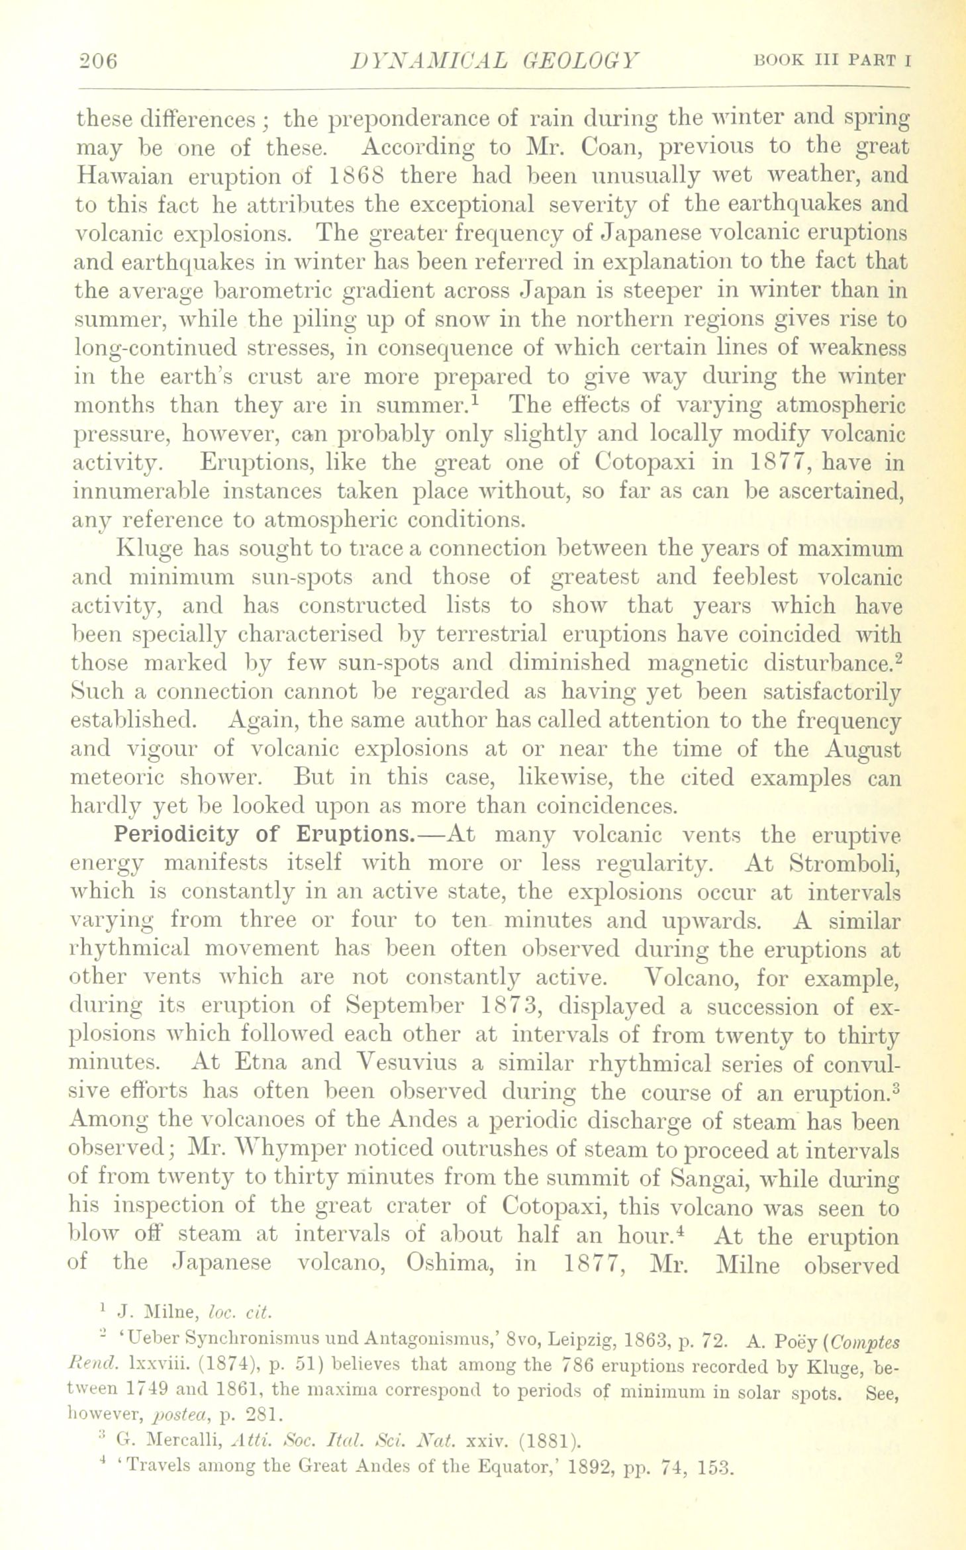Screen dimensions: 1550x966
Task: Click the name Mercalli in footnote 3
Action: [183, 1437]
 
